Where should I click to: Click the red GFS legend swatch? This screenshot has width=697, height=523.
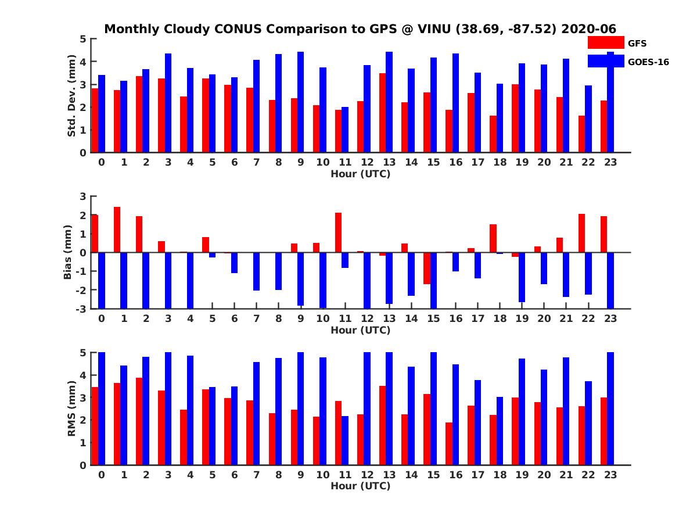coord(605,42)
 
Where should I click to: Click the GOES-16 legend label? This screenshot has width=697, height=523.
coord(648,62)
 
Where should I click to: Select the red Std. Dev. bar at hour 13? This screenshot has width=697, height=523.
coord(382,113)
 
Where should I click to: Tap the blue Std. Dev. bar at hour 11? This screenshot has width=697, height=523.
coord(345,130)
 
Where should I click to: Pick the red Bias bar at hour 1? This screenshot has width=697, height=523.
coord(117,230)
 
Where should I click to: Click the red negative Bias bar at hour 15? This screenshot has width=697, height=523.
coord(427,268)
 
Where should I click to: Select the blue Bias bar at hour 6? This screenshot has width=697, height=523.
coord(235,263)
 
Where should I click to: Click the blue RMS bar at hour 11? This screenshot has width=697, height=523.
coord(345,440)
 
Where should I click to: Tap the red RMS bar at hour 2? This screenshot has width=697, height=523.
coord(139,421)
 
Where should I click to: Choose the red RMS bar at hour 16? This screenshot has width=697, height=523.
coord(449,443)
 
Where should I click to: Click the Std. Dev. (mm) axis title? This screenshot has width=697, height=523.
coord(71,96)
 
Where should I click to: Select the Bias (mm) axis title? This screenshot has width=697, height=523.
coord(67,252)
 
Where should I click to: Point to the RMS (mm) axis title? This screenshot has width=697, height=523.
coord(71,409)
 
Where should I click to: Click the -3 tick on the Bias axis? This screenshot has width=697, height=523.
coord(82,309)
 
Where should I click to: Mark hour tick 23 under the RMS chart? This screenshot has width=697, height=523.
coord(610,475)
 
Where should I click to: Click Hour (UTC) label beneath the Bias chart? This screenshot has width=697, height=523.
coord(360,330)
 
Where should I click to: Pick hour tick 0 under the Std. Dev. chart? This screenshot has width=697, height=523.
coord(102,163)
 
